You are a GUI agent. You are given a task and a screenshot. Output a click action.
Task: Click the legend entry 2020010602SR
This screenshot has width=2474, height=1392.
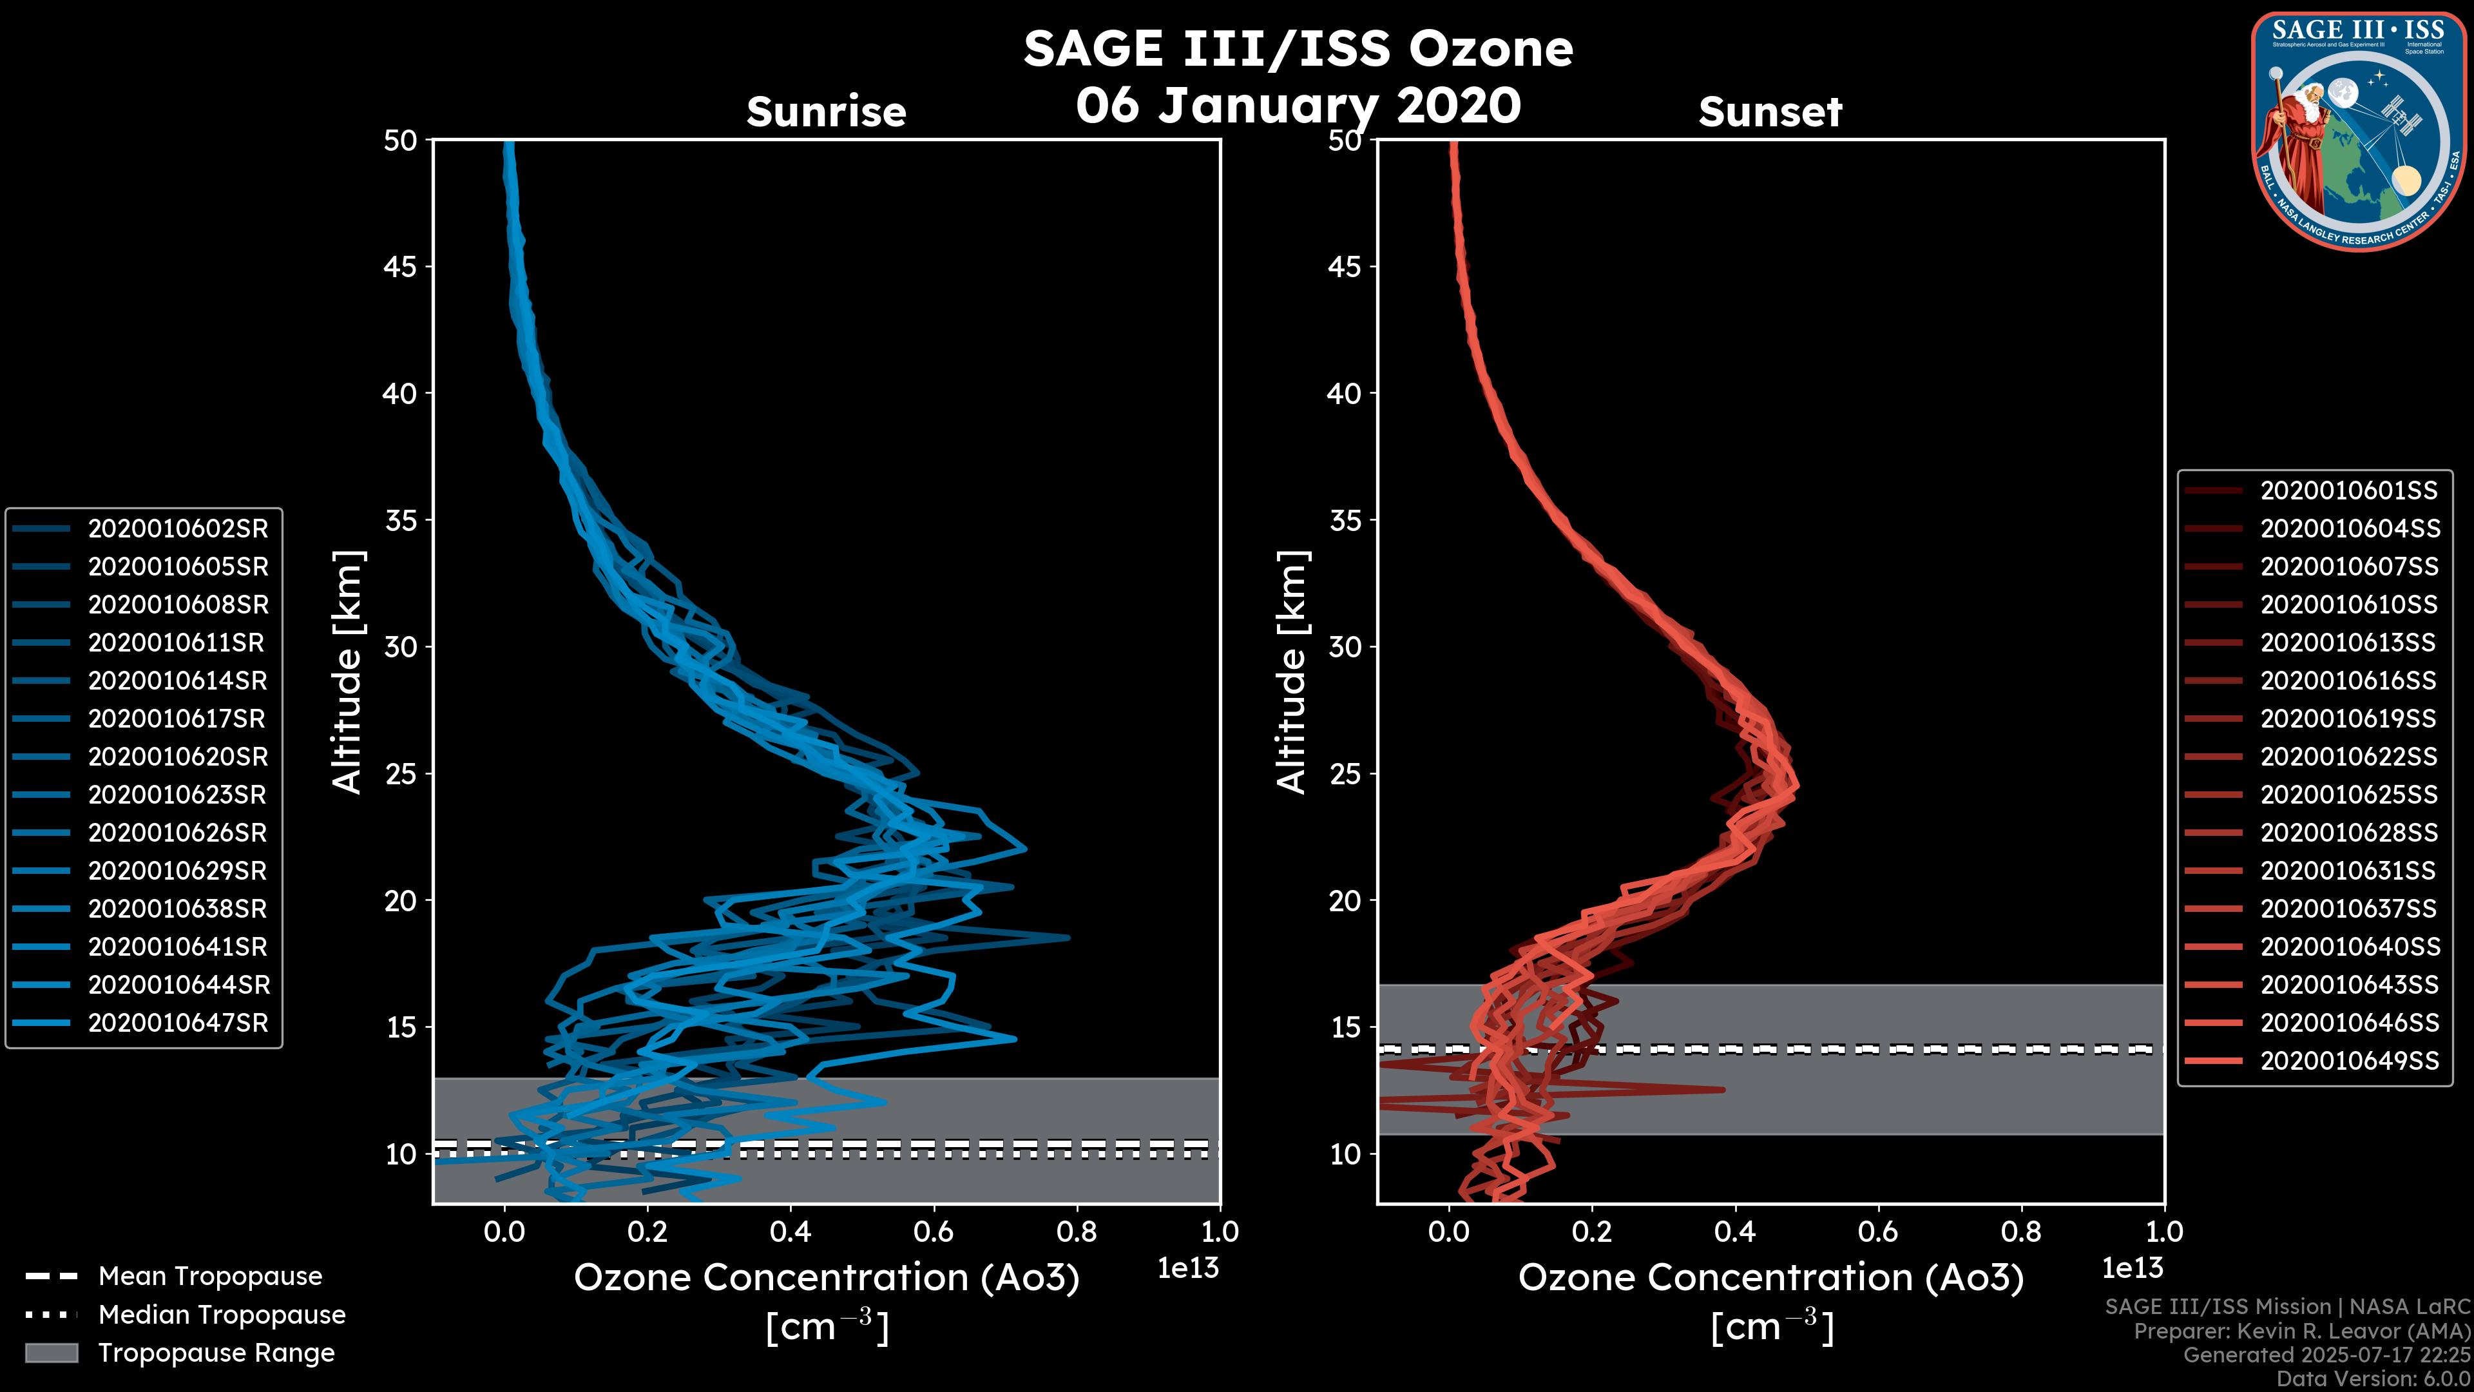tap(178, 528)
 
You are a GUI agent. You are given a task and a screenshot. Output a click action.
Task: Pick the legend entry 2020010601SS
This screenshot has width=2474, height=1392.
tap(2348, 491)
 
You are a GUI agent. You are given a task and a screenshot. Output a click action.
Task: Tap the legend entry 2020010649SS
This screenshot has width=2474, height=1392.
tap(2348, 1061)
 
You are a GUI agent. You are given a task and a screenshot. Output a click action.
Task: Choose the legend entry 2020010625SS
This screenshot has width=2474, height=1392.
tap(2348, 795)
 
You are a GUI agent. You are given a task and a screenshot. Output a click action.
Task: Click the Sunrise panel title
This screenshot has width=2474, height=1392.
tap(826, 111)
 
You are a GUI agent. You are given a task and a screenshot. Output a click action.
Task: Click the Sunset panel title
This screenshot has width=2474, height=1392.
tap(1770, 111)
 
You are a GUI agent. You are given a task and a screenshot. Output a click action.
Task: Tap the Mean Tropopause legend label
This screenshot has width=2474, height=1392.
tap(210, 1276)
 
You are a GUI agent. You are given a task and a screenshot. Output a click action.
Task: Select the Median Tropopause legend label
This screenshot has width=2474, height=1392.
tap(222, 1314)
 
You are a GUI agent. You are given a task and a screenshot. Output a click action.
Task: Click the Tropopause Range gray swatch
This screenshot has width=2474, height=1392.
tap(51, 1353)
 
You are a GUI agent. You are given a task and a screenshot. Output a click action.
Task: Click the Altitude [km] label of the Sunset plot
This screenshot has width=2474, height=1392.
tap(1292, 672)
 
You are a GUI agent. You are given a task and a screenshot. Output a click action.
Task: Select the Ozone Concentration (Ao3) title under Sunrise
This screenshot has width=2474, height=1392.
tap(826, 1278)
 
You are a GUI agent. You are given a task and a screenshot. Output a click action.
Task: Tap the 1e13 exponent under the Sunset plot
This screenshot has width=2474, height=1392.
tap(2132, 1268)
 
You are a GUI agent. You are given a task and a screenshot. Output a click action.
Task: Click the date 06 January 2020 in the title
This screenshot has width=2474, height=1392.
tap(1298, 106)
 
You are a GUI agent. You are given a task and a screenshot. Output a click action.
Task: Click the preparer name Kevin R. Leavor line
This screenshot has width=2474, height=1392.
tap(2301, 1331)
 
